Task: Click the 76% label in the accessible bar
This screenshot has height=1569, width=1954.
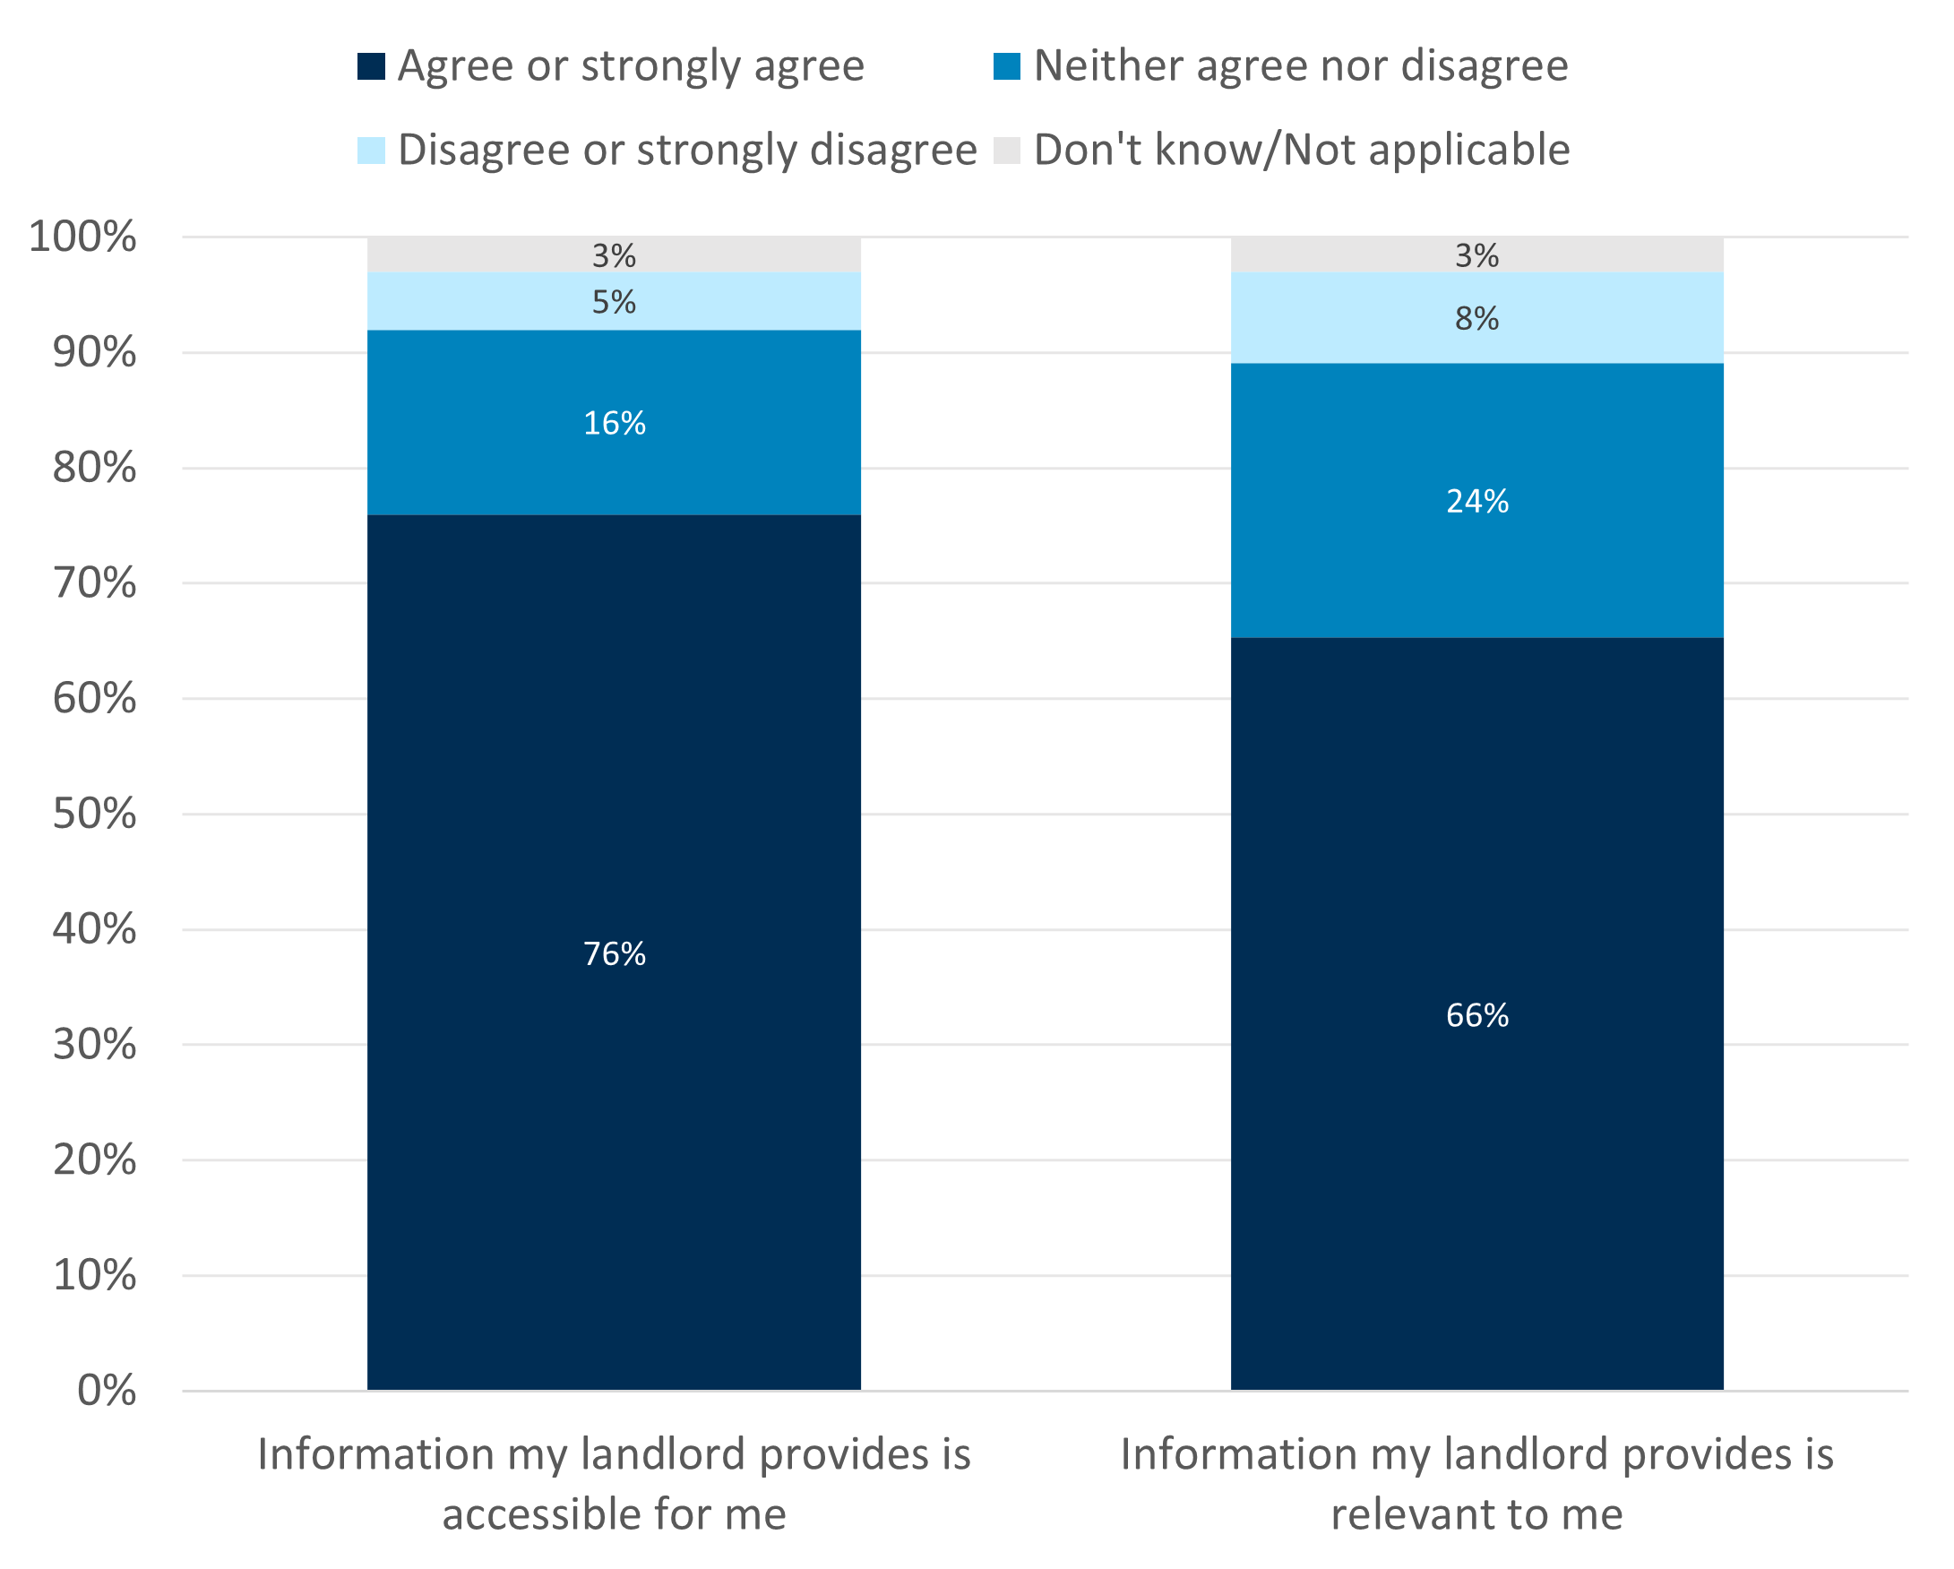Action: pos(614,954)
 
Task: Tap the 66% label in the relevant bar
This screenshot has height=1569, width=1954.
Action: pos(1476,1015)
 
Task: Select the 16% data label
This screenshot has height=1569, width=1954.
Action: pos(614,423)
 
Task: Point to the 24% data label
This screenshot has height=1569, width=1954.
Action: pos(1476,501)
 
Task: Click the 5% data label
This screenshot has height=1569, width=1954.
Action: pos(614,302)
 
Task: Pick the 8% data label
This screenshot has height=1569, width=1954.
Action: pos(1476,319)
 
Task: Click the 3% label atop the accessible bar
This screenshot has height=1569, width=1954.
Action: pos(614,256)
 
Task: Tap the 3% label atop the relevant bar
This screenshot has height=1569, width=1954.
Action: pos(1476,256)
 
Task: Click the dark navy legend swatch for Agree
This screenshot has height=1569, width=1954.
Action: pos(371,66)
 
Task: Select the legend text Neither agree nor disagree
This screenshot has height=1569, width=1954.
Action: pos(1300,66)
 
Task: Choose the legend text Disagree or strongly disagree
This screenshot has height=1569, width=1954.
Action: pos(687,151)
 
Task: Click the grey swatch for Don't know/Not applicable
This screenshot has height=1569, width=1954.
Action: pos(1006,151)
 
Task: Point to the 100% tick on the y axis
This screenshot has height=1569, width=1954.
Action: pos(82,237)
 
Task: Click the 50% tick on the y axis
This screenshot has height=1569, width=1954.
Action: pos(94,814)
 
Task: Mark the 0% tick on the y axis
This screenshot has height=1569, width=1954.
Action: pos(106,1391)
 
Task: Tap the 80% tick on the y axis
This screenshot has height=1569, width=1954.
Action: pos(94,469)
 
